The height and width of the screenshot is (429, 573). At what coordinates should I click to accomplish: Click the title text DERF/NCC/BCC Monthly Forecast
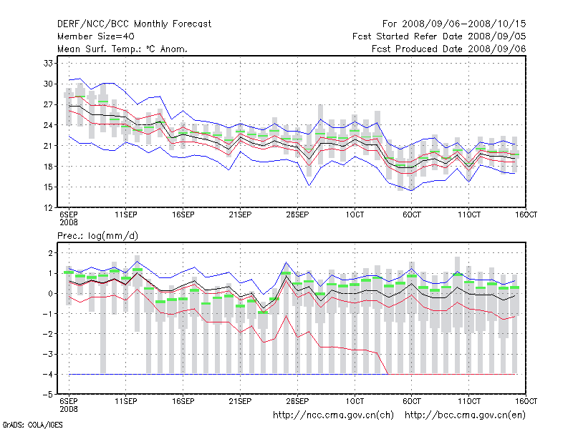(x=134, y=24)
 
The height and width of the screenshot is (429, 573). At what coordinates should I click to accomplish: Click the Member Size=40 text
(x=96, y=36)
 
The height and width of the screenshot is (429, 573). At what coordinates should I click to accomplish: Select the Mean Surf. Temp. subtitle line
(x=122, y=49)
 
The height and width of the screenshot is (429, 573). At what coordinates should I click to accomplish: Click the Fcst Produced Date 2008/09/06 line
(x=449, y=49)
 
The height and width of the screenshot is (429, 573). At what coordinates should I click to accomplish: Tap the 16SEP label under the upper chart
(x=183, y=214)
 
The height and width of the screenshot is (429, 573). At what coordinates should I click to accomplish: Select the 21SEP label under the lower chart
(x=240, y=401)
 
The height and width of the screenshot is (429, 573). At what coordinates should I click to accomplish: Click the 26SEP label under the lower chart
(x=297, y=401)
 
